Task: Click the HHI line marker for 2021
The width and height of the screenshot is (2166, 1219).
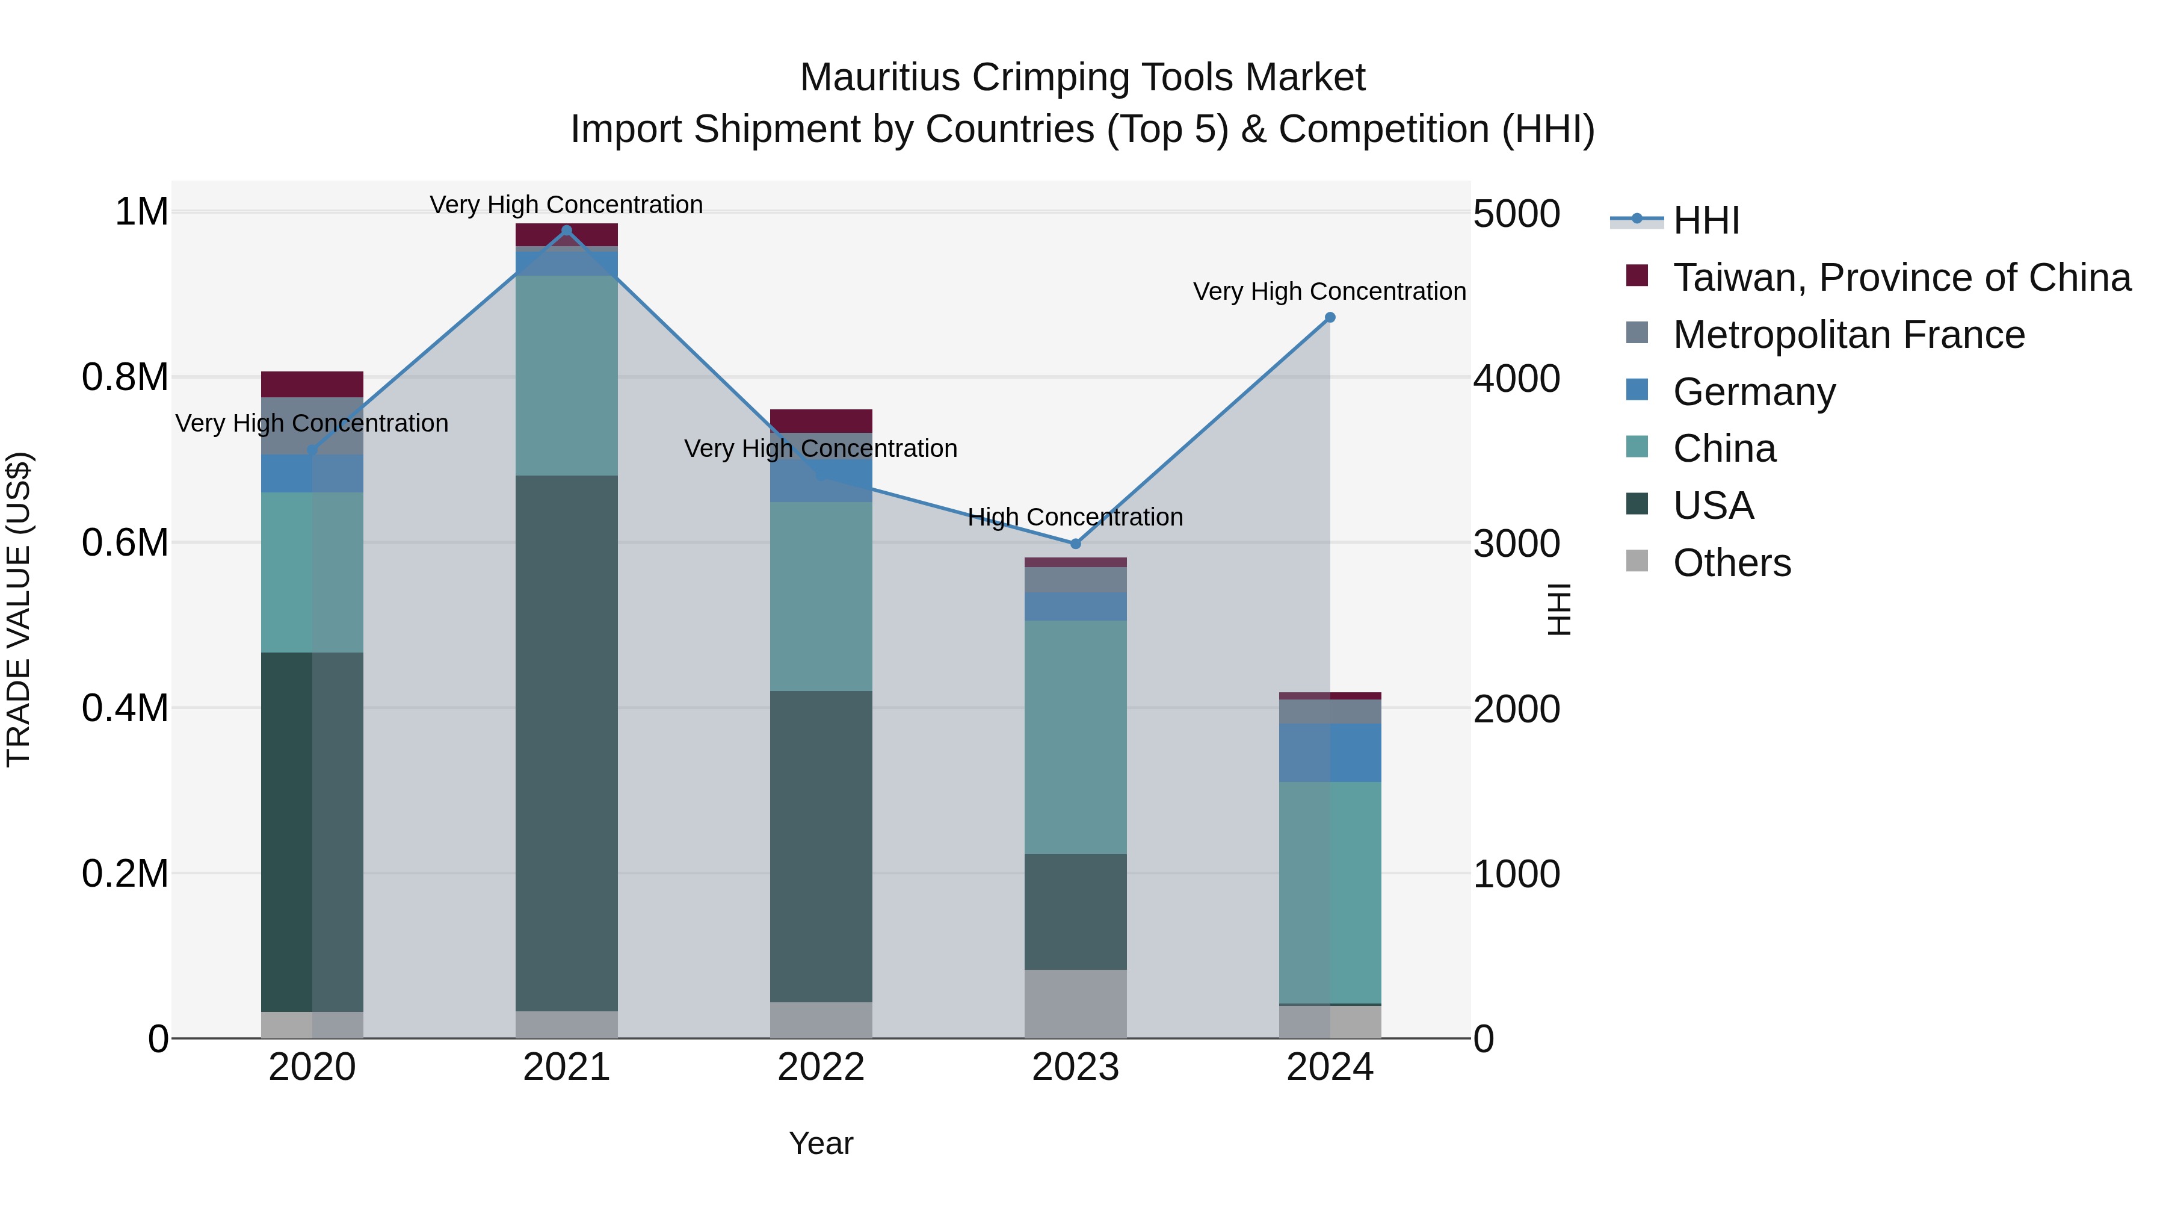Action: (x=566, y=231)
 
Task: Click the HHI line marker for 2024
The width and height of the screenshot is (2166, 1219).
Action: (x=1329, y=317)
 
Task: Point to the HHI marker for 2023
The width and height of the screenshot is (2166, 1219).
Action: (x=1075, y=544)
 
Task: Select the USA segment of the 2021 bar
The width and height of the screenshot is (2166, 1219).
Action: (x=566, y=740)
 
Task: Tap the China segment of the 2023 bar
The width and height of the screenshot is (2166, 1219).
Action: (x=1075, y=736)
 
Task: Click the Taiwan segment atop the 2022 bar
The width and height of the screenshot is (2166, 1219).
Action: (x=821, y=421)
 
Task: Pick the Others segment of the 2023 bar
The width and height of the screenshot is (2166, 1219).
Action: (x=1075, y=1003)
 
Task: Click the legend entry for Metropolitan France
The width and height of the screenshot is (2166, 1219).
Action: (x=1848, y=335)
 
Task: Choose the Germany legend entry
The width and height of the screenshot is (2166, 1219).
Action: (x=1754, y=392)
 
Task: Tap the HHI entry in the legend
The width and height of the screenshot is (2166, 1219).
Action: (x=1705, y=220)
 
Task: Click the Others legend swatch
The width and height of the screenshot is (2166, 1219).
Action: (x=1637, y=561)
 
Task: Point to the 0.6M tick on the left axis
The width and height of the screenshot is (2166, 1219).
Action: (x=125, y=542)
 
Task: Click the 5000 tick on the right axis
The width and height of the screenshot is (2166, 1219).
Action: (x=1516, y=214)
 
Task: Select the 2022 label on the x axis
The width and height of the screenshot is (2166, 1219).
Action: (x=821, y=1067)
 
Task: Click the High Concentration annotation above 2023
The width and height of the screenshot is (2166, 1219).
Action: (x=1075, y=516)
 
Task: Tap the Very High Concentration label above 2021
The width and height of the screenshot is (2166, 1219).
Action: (x=566, y=205)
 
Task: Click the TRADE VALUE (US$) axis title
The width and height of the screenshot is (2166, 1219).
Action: (x=19, y=609)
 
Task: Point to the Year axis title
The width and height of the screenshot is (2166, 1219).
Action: (x=821, y=1143)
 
